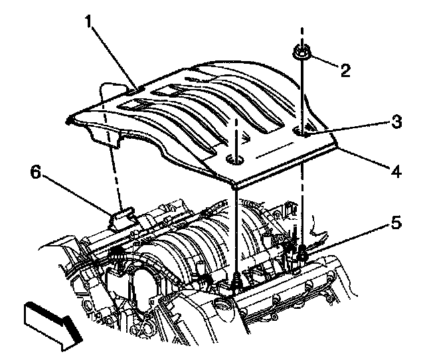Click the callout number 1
(x=88, y=23)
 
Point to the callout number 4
(x=396, y=171)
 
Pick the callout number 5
(x=395, y=224)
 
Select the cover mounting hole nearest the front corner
(x=233, y=160)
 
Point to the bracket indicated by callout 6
(x=123, y=217)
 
